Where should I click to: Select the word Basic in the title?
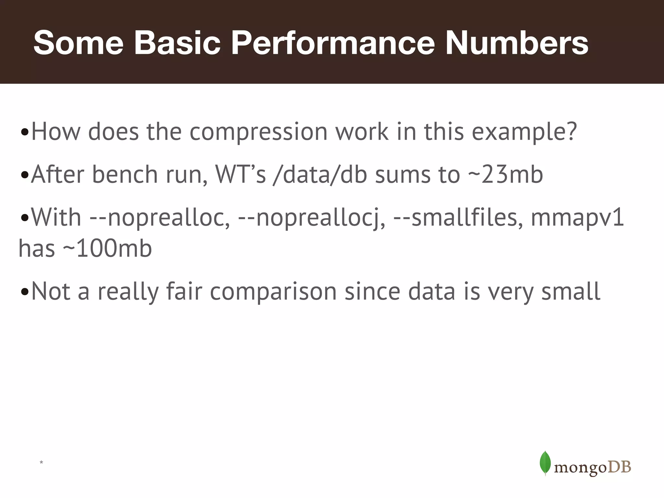pyautogui.click(x=177, y=43)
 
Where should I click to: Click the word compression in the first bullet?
pyautogui.click(x=258, y=132)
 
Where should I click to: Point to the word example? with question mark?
pyautogui.click(x=524, y=132)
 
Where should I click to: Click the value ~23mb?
pyautogui.click(x=505, y=174)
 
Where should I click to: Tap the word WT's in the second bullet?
pyautogui.click(x=241, y=174)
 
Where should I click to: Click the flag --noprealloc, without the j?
pyautogui.click(x=160, y=218)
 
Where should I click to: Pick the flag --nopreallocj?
pyautogui.click(x=312, y=218)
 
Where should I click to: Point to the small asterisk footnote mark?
pyautogui.click(x=41, y=462)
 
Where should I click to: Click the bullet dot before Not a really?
pyautogui.click(x=25, y=292)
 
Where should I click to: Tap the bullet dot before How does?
pyautogui.click(x=25, y=133)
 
